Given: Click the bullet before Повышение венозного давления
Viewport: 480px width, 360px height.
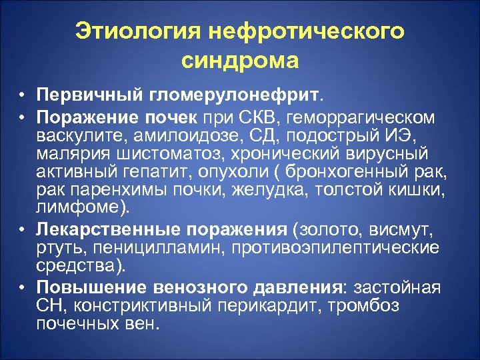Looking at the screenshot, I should [22, 289].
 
